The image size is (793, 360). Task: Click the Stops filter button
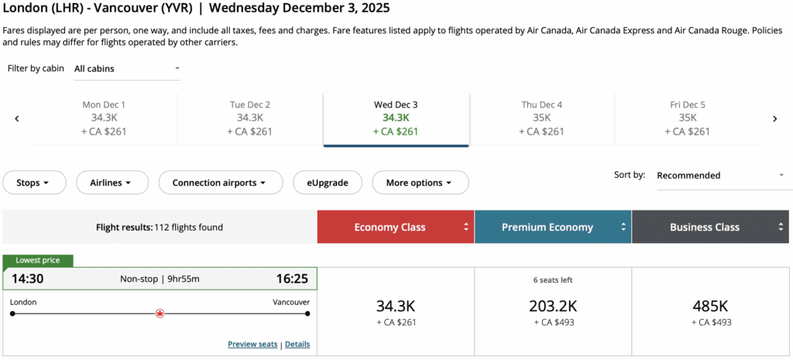(32, 183)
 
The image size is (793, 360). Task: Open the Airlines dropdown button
(112, 183)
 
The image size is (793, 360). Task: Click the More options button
(420, 183)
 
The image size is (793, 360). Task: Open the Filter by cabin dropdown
(127, 69)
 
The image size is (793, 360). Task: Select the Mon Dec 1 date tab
(104, 118)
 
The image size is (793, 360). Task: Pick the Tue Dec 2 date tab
(249, 118)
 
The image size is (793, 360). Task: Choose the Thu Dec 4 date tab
(541, 118)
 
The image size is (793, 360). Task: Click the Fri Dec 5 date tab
(687, 118)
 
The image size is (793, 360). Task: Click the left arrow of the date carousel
(17, 118)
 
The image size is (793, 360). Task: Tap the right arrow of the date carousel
(774, 118)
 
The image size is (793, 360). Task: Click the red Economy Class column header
(395, 228)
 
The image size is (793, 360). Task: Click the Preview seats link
(252, 344)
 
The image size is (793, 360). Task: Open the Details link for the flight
(297, 344)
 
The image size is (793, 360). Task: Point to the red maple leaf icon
(160, 314)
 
